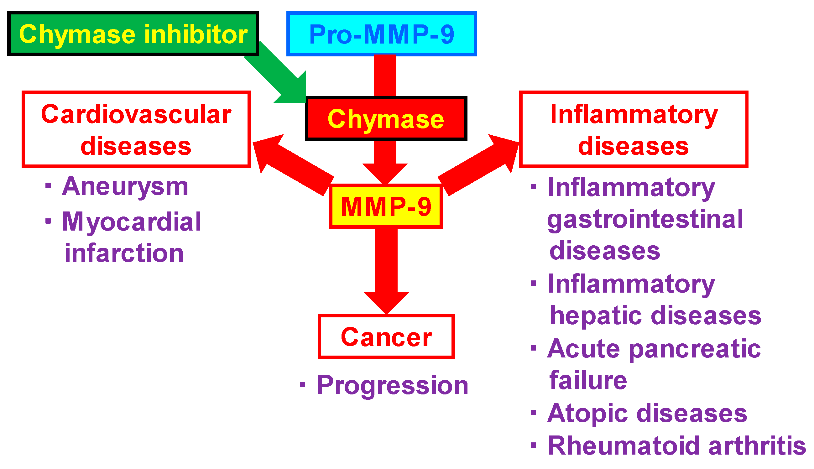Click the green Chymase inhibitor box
[x=133, y=34]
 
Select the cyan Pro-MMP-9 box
[x=381, y=34]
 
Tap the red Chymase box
[x=386, y=118]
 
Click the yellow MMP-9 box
[x=386, y=206]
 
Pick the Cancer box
[x=386, y=336]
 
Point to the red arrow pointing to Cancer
[x=386, y=267]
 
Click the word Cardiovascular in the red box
[x=136, y=114]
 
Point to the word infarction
[x=124, y=253]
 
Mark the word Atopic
[x=587, y=413]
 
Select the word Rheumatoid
[x=624, y=446]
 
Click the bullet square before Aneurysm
[x=48, y=185]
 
